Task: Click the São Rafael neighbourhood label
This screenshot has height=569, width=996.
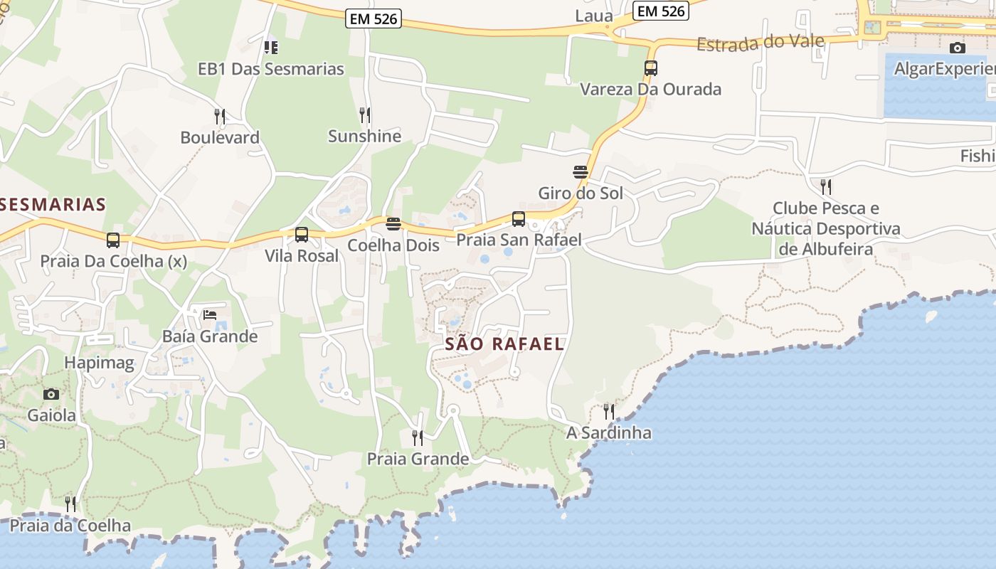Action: tap(504, 344)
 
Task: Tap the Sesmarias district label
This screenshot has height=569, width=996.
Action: tap(53, 205)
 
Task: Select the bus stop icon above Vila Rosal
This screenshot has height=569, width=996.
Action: tap(302, 234)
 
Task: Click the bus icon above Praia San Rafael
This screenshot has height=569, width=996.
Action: tap(519, 218)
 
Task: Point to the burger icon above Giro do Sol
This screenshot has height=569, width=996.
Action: tap(580, 171)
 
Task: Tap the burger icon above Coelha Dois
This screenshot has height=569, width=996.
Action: tap(393, 224)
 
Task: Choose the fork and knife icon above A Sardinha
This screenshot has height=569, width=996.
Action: tap(608, 411)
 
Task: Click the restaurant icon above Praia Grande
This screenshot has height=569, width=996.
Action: tap(418, 437)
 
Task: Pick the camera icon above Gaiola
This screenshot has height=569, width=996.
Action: tap(51, 394)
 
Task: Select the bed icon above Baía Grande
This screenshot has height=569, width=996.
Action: tap(209, 314)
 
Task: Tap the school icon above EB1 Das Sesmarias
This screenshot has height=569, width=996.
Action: tap(270, 48)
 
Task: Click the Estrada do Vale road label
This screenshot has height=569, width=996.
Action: tap(760, 43)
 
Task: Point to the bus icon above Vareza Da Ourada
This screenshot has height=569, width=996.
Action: tap(650, 68)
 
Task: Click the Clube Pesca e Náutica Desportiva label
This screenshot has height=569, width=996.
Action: tap(825, 228)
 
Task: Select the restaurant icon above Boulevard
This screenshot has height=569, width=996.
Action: tap(220, 116)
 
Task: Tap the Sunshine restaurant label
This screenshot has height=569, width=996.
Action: tap(364, 136)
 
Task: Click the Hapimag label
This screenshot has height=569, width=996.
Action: tap(99, 363)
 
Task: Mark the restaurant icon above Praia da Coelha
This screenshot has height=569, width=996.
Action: tap(70, 504)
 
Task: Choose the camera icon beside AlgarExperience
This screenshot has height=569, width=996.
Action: tap(958, 48)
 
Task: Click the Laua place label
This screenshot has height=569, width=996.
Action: tap(594, 16)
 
